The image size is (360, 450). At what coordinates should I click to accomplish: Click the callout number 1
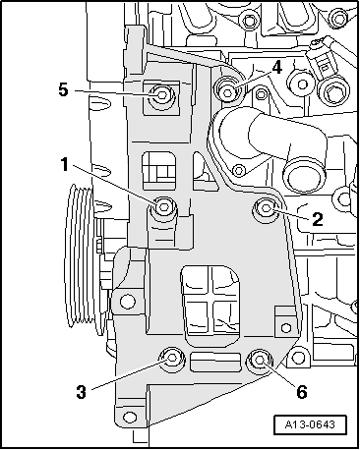click(x=64, y=164)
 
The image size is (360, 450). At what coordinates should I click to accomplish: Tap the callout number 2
click(x=318, y=219)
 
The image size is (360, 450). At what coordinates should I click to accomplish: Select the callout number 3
click(x=82, y=391)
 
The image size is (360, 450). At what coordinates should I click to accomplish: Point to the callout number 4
click(x=277, y=68)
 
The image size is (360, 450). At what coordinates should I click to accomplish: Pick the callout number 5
click(x=64, y=89)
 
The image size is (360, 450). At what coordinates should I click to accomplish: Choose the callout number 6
click(x=302, y=391)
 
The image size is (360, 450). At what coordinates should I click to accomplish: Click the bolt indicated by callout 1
click(x=163, y=207)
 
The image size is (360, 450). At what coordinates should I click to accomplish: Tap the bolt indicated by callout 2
click(x=266, y=208)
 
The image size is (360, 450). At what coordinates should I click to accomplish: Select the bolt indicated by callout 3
click(x=172, y=358)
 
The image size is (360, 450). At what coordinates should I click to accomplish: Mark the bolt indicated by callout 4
click(x=227, y=90)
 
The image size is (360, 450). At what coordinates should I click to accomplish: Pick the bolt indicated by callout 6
click(x=260, y=361)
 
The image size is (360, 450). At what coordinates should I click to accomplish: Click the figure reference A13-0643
click(x=310, y=424)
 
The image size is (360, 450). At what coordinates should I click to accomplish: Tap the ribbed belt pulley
click(x=81, y=258)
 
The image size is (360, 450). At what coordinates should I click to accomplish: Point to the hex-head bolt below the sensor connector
click(x=331, y=93)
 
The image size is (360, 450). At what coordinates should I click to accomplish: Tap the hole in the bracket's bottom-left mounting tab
click(x=130, y=417)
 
